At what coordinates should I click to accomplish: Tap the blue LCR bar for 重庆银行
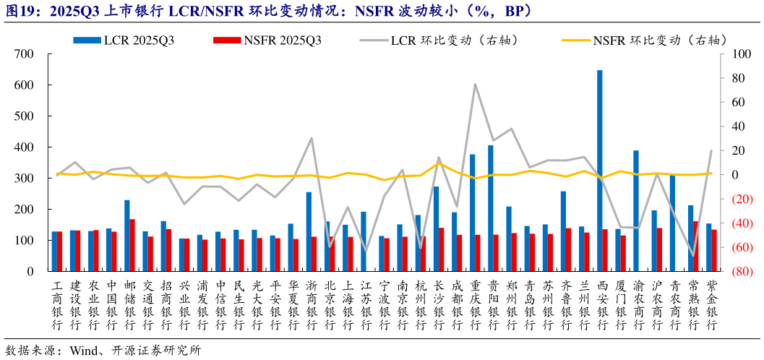[x=472, y=213]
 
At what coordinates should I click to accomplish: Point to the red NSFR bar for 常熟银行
[x=696, y=246]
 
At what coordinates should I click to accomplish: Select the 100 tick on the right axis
[x=737, y=54]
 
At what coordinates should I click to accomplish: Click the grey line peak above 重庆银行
[x=475, y=84]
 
